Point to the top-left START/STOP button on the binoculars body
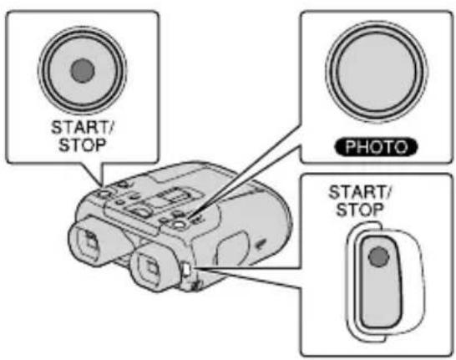[x=104, y=194]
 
